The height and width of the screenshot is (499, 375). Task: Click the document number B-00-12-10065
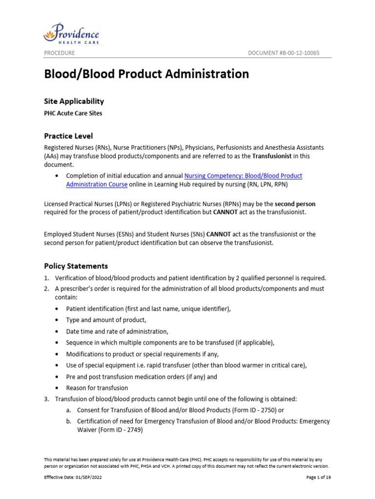click(x=283, y=53)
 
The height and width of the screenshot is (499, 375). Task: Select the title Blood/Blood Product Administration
click(x=146, y=74)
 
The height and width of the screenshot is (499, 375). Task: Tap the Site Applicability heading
click(x=74, y=101)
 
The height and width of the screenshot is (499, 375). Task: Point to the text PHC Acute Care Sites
click(x=73, y=114)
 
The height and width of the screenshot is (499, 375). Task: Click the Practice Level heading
click(x=68, y=136)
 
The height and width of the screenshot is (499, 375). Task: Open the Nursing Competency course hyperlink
click(x=243, y=175)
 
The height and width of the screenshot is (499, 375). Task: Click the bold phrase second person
click(x=295, y=203)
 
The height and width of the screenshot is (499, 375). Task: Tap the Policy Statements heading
click(x=76, y=266)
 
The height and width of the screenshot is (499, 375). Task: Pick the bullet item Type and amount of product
click(x=106, y=320)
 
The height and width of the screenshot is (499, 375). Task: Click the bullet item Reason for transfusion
click(x=97, y=388)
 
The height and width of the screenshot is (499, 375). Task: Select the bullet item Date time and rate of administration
click(x=117, y=331)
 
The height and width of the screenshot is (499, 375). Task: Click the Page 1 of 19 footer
click(x=318, y=478)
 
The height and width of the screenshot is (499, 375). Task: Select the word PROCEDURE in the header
click(x=59, y=53)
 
